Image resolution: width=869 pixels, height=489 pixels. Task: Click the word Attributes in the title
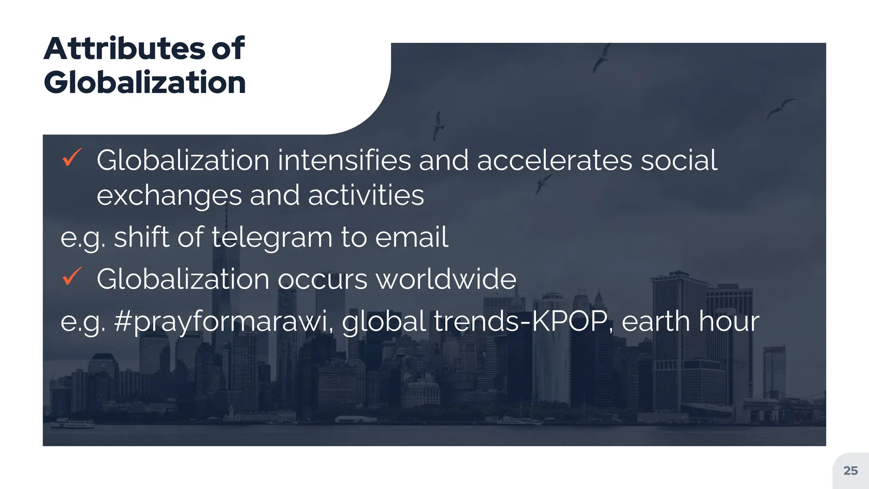coord(124,48)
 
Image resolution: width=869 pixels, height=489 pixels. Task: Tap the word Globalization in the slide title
coord(145,82)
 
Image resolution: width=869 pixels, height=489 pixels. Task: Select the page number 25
coord(850,471)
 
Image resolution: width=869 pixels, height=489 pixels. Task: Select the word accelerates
coord(555,160)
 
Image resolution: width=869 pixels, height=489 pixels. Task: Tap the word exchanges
coord(169,196)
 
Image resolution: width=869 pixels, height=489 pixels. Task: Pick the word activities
coord(366,196)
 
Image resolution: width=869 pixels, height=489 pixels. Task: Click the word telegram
coord(272,237)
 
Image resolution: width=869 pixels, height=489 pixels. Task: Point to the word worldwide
coord(446,279)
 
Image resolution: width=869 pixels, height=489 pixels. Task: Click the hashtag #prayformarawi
coord(221,321)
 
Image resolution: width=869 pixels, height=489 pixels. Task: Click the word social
coord(678,160)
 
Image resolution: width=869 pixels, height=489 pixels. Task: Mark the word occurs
coord(322,279)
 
